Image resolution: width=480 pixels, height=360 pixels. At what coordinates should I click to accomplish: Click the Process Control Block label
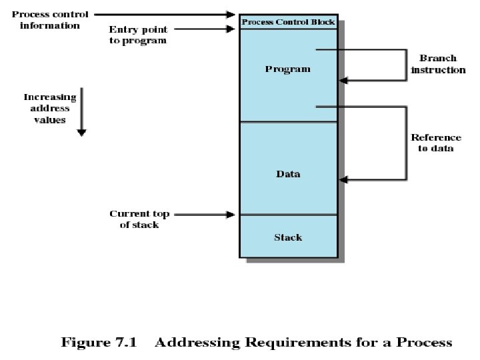tap(288, 22)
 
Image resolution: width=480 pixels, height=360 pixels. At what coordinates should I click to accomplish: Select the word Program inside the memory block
tap(288, 69)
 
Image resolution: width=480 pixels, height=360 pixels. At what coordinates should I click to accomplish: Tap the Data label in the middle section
tap(288, 174)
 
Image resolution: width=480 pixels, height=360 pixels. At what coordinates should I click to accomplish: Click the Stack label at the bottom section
tap(288, 237)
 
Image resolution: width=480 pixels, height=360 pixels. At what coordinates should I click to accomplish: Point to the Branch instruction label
tap(438, 64)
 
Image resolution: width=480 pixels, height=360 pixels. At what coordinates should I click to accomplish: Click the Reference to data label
tap(436, 143)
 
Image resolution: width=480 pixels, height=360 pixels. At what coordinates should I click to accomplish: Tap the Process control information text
tap(50, 20)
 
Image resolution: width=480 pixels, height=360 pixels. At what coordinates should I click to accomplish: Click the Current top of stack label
tap(139, 219)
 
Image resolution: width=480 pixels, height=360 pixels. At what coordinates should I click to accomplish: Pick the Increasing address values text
tap(51, 109)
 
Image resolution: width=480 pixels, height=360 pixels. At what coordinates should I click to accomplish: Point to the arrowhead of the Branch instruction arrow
tap(343, 81)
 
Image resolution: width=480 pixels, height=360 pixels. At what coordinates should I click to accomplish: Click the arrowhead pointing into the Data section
tap(343, 179)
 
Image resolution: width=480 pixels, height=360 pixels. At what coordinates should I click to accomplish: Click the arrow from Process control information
tap(167, 13)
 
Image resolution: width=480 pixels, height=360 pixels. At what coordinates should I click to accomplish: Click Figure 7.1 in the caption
tap(99, 343)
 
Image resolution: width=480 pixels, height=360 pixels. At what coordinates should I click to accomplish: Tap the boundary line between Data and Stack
tap(288, 215)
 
